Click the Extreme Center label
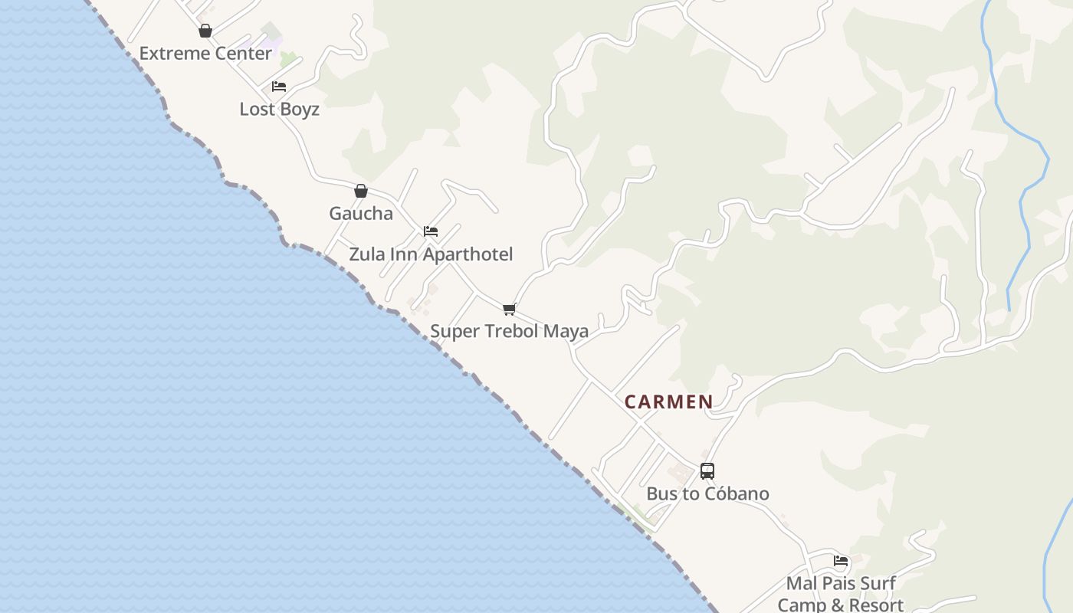tap(205, 54)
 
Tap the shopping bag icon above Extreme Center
tap(205, 31)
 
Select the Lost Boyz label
tap(279, 109)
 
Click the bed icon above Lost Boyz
tap(279, 87)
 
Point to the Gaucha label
tap(361, 213)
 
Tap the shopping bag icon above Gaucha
tap(361, 191)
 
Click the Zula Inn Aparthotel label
tap(431, 254)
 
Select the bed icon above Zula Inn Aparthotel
tap(431, 231)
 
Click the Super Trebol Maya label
tap(509, 331)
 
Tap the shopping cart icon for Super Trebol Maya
tap(509, 310)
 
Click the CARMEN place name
tap(668, 402)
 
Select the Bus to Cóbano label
tap(707, 493)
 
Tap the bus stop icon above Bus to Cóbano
tap(707, 471)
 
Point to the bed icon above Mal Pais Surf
tap(841, 561)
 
